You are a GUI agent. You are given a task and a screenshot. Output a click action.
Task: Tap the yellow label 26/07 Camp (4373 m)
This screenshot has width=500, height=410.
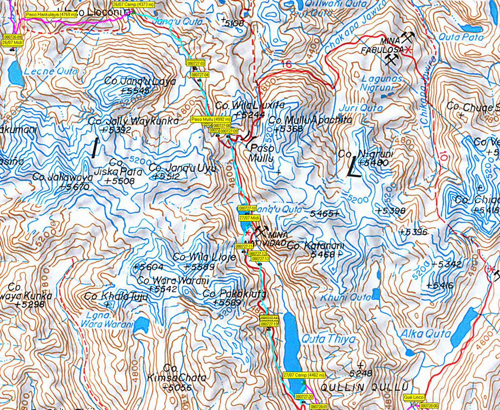coord(133,4)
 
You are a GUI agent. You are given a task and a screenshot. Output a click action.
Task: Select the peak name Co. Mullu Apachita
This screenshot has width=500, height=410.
coord(310,120)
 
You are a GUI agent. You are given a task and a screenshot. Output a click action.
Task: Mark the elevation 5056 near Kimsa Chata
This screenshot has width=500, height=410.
coord(179,388)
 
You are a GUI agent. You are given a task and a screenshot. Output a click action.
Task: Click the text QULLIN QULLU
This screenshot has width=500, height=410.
coord(364,388)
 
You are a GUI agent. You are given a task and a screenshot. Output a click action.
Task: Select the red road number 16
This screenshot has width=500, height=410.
coord(287,64)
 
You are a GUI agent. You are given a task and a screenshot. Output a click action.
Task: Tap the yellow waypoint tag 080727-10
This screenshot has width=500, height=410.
coord(247,208)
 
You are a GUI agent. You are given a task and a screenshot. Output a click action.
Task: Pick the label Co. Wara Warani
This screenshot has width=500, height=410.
coord(173,280)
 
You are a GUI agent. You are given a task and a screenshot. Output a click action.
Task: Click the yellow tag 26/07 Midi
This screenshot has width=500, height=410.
coord(13,42)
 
